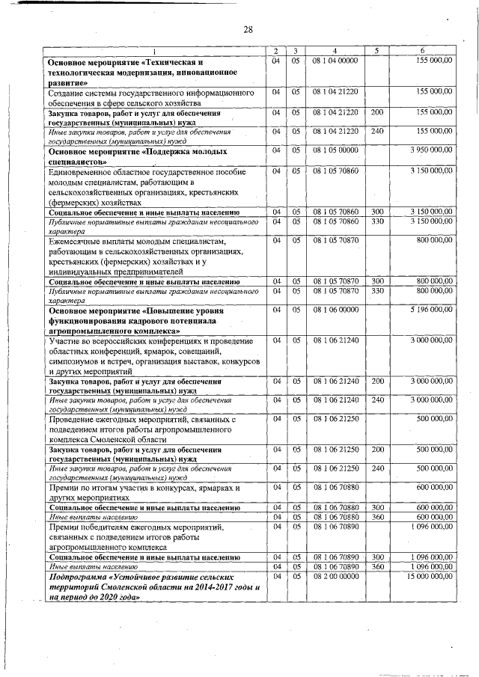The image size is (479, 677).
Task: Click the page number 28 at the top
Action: coord(248,29)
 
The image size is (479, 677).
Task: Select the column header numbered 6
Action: coord(426,50)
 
